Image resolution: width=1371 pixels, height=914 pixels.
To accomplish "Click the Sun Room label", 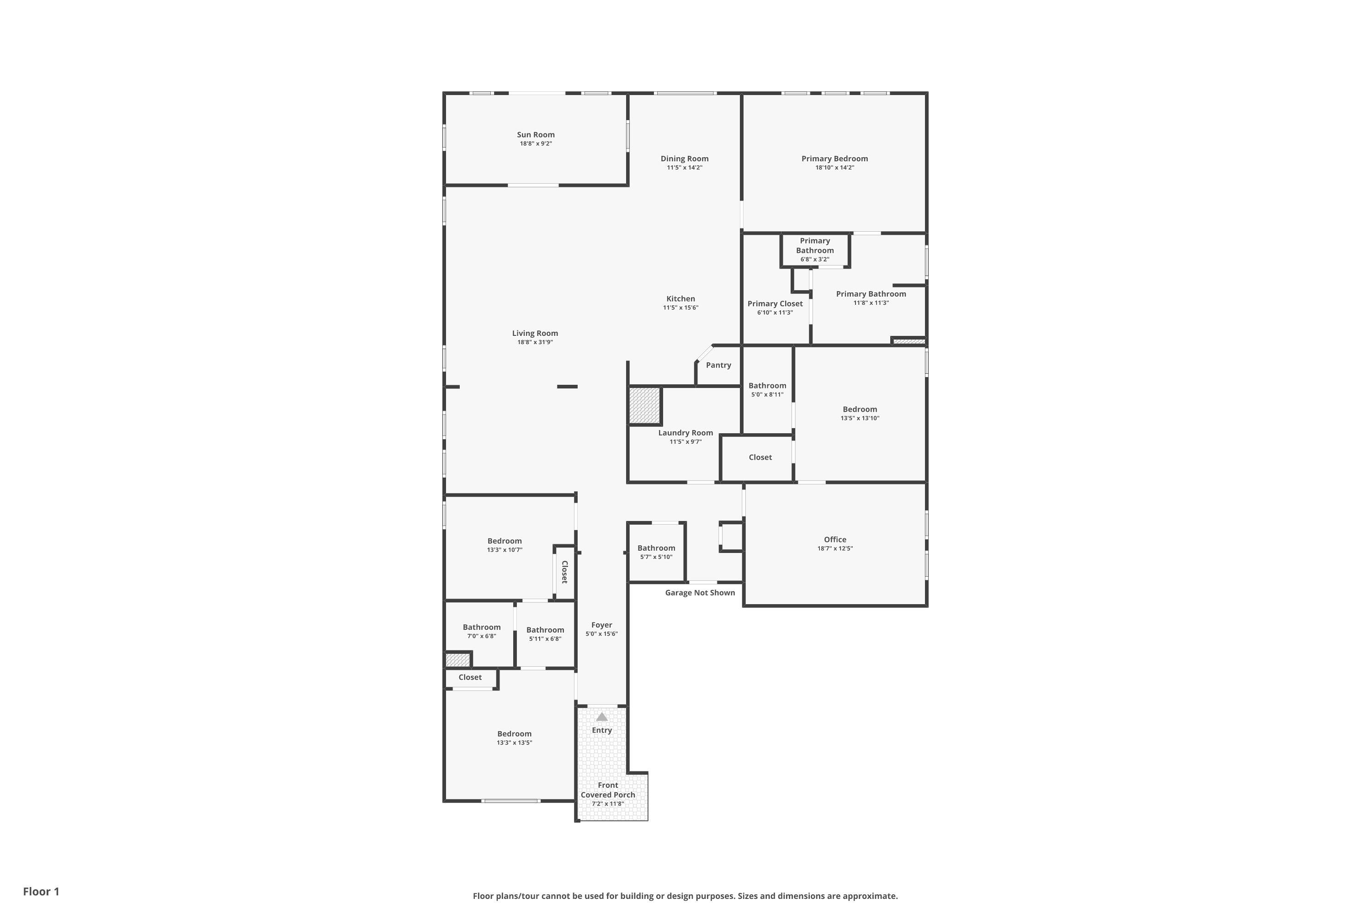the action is click(x=536, y=135).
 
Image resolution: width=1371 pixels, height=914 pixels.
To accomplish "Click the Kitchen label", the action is click(x=680, y=298).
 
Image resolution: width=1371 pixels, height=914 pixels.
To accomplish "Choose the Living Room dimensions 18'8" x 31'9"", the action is click(x=535, y=342).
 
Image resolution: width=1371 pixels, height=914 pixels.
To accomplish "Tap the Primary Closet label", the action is click(x=775, y=304).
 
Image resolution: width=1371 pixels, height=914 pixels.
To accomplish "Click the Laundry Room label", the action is click(x=685, y=432).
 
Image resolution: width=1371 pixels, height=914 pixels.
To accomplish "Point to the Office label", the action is click(x=835, y=539).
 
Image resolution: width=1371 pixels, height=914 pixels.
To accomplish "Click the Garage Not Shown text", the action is click(x=700, y=592).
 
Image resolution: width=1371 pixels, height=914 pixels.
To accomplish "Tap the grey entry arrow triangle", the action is click(x=601, y=717).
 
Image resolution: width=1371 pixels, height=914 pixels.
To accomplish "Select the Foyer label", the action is click(x=601, y=625).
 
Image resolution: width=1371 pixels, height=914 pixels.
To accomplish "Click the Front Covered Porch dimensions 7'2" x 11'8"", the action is click(x=607, y=804).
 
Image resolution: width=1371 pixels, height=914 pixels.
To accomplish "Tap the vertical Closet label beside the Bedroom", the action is click(x=564, y=572).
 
